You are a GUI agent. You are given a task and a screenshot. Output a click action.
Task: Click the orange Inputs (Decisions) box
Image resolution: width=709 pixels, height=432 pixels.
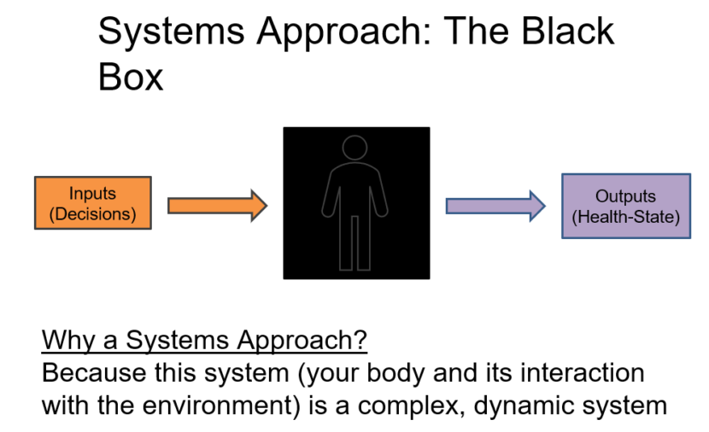pyautogui.click(x=92, y=203)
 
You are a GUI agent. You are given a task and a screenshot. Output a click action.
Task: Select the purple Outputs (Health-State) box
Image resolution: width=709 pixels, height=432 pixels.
pyautogui.click(x=625, y=206)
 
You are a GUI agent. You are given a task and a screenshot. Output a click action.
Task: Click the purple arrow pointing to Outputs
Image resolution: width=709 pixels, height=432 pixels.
pyautogui.click(x=495, y=205)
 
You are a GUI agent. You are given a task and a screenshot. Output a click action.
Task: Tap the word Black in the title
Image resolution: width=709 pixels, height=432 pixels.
pyautogui.click(x=568, y=32)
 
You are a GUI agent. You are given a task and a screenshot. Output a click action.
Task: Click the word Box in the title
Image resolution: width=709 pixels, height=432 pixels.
pyautogui.click(x=130, y=77)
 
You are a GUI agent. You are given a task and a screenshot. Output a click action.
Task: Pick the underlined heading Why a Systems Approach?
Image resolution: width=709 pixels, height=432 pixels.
pyautogui.click(x=204, y=341)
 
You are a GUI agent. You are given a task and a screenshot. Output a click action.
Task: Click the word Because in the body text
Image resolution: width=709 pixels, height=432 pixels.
pyautogui.click(x=91, y=374)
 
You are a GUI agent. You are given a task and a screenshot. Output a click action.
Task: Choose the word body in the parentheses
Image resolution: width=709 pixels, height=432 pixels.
pyautogui.click(x=420, y=374)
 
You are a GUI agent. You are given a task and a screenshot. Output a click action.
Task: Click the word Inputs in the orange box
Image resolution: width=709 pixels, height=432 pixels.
pyautogui.click(x=92, y=194)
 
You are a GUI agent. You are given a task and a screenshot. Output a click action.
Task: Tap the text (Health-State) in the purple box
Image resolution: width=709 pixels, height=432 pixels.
pyautogui.click(x=625, y=217)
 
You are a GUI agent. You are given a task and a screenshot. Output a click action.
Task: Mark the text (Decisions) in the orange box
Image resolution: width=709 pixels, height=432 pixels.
pyautogui.click(x=92, y=213)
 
